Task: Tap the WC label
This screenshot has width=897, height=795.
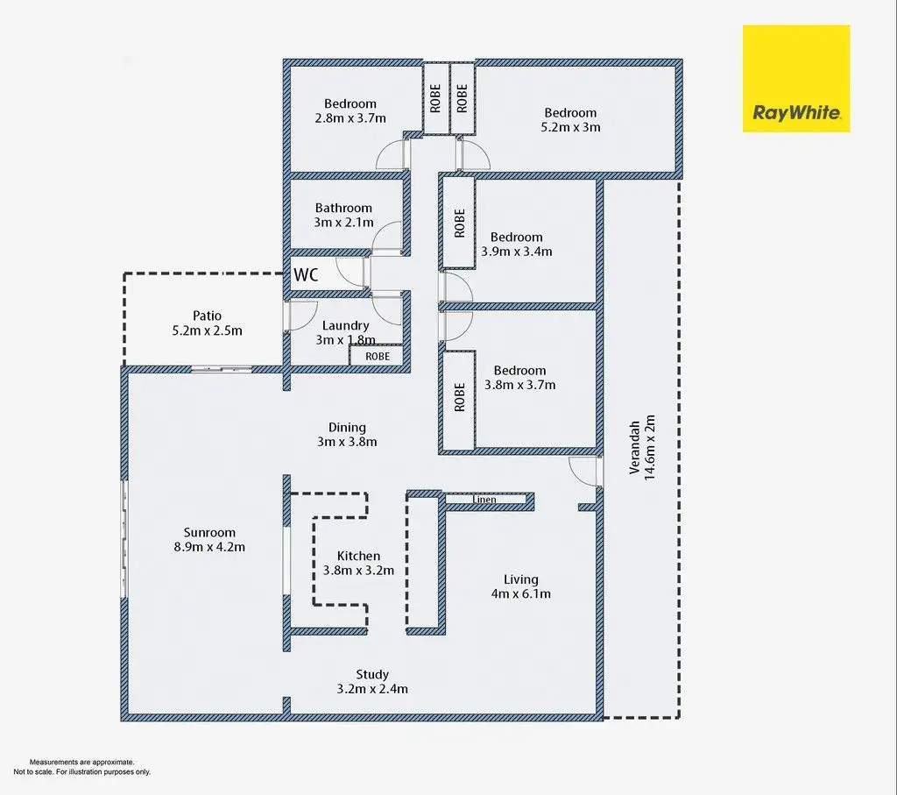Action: pyautogui.click(x=306, y=274)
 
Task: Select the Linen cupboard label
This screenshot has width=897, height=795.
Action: pyautogui.click(x=485, y=500)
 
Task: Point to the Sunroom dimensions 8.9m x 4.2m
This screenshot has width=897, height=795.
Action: pyautogui.click(x=209, y=548)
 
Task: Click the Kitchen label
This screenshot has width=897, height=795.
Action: pyautogui.click(x=359, y=556)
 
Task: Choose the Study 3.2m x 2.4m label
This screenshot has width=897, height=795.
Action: pyautogui.click(x=372, y=681)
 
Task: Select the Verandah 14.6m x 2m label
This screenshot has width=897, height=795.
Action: pyautogui.click(x=643, y=458)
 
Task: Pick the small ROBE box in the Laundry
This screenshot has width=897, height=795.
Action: pyautogui.click(x=378, y=357)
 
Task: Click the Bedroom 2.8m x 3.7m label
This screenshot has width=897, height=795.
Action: pyautogui.click(x=350, y=110)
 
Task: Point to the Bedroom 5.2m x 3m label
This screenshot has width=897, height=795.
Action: pyautogui.click(x=570, y=119)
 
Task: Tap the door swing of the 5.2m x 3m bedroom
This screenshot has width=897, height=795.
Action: pyautogui.click(x=474, y=155)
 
